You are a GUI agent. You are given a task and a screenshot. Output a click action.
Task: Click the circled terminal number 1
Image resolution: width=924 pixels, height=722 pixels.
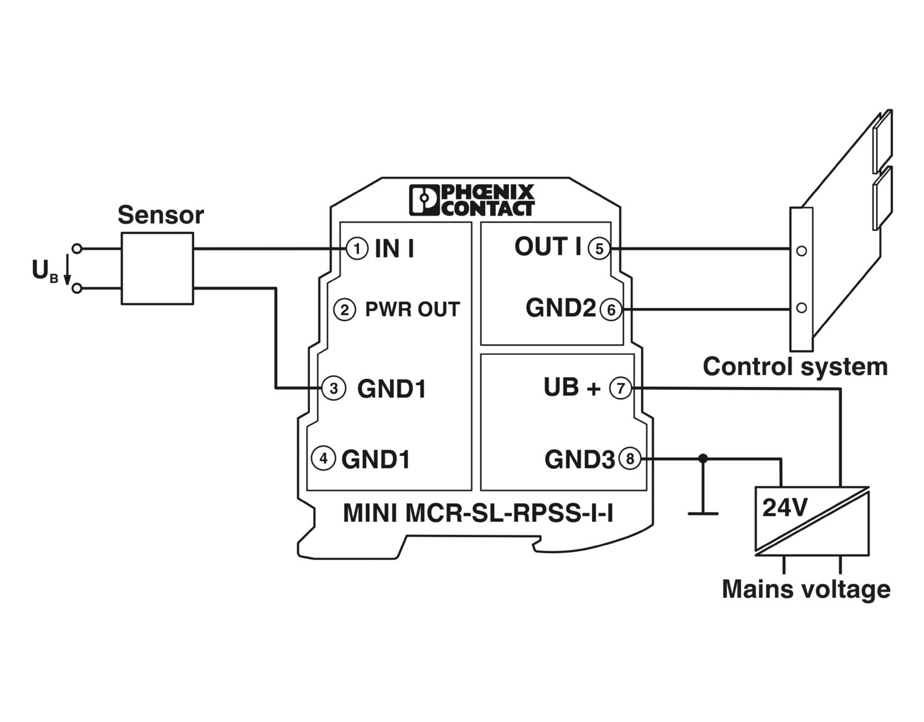pos(357,249)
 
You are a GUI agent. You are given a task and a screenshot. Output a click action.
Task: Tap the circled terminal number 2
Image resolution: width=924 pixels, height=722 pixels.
pos(344,309)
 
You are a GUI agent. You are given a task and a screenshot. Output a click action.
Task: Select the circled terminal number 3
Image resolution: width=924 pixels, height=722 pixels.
pos(333,389)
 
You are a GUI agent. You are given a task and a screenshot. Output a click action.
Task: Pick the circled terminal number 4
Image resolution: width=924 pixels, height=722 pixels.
pos(323,458)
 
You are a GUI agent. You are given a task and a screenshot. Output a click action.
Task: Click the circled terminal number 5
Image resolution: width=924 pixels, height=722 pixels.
pos(599,249)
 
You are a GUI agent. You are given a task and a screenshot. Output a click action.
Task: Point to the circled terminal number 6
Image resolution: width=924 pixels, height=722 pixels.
pos(611,309)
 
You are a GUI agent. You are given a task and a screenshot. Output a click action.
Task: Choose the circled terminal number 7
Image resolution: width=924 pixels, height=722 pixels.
pos(621,388)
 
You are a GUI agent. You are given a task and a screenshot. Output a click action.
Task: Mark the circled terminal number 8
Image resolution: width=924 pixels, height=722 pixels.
pos(630,459)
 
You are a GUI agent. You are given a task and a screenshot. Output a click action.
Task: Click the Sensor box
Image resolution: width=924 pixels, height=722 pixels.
pos(157,268)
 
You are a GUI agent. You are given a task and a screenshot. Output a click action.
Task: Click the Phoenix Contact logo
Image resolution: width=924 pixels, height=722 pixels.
pos(472,200)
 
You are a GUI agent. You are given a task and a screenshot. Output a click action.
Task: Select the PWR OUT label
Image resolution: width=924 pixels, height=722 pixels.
pos(412,309)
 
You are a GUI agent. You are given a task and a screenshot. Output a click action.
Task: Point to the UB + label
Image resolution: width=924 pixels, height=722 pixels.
pos(571,387)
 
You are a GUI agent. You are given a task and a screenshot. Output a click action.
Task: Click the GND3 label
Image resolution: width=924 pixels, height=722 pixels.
pos(579,460)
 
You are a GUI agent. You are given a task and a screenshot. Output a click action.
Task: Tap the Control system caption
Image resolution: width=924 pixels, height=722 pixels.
pos(795,367)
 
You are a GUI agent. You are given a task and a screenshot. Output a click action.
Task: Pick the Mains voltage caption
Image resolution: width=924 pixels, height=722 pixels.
pos(806,589)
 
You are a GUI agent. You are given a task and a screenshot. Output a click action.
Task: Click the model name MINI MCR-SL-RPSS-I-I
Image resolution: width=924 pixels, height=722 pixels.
pos(477,513)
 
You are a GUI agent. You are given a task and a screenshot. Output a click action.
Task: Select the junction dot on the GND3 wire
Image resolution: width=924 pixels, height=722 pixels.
pos(703,459)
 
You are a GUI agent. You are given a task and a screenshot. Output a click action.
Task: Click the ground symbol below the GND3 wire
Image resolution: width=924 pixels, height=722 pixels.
pos(703,511)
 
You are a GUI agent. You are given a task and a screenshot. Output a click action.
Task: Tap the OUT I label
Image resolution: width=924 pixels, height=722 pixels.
pos(548,247)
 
